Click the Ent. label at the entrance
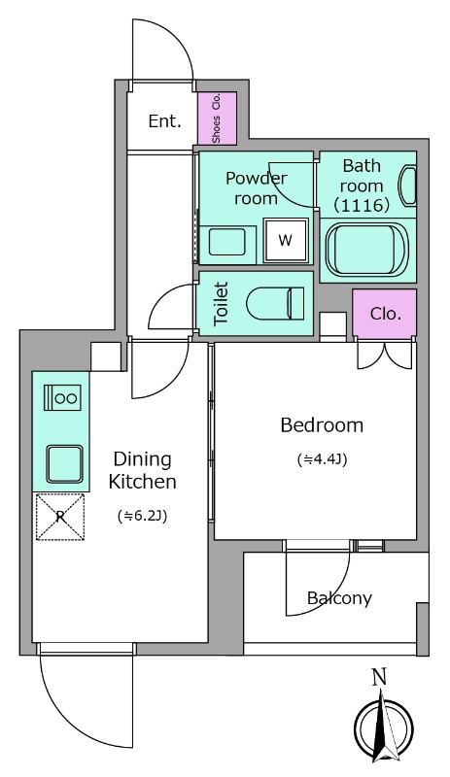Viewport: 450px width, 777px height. click(164, 120)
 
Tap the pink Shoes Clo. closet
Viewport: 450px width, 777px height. click(217, 118)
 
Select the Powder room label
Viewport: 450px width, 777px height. click(256, 188)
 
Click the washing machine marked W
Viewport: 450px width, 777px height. click(286, 240)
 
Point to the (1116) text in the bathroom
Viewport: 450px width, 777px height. click(362, 205)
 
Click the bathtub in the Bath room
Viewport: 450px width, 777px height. click(366, 251)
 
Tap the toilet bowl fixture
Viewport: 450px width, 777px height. click(275, 303)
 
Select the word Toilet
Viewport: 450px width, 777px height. click(221, 303)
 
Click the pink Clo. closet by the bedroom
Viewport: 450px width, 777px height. click(385, 313)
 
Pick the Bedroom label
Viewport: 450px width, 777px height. click(322, 425)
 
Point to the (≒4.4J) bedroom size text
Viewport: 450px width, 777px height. click(322, 459)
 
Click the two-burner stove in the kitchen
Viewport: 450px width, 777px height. click(62, 398)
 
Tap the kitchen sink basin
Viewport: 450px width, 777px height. click(65, 464)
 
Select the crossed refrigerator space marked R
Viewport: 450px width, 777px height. click(60, 517)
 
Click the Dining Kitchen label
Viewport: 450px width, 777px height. click(143, 470)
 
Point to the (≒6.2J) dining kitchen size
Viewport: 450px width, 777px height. click(143, 517)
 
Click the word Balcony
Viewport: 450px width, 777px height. click(339, 598)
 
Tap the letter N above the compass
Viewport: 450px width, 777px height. click(380, 677)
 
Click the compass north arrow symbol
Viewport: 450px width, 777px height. click(384, 729)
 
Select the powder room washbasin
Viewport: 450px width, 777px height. click(227, 242)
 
